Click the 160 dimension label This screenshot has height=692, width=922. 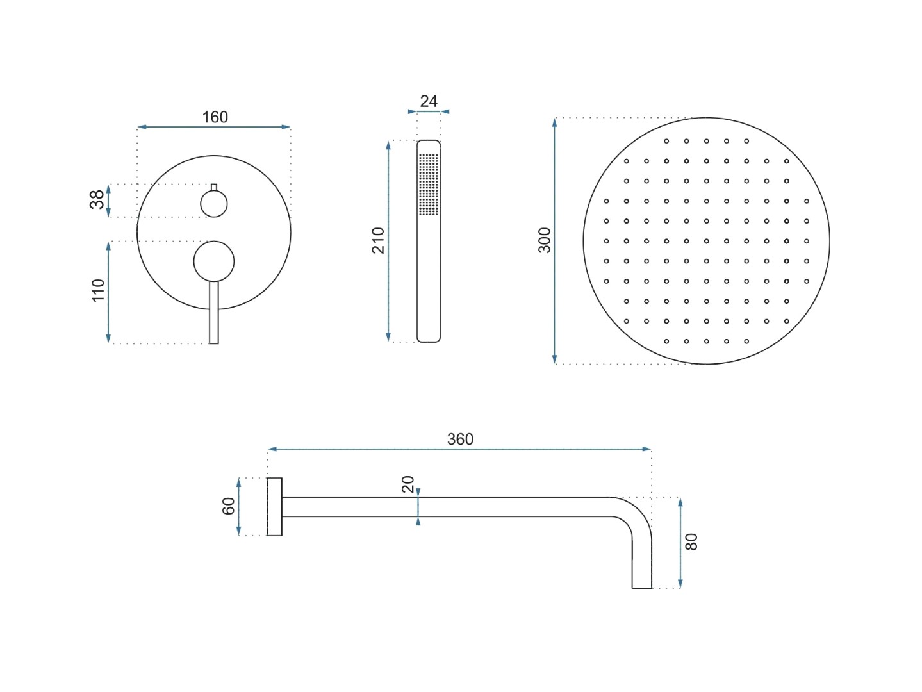215,117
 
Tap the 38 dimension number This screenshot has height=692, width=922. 97,199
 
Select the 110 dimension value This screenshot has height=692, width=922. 97,290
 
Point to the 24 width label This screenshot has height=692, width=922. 429,101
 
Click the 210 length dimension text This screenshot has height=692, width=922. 378,241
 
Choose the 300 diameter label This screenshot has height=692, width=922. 545,240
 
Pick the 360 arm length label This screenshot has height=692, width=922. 460,439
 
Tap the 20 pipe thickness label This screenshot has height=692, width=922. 408,484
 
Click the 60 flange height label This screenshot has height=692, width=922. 228,506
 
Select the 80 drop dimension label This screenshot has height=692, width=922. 691,541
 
